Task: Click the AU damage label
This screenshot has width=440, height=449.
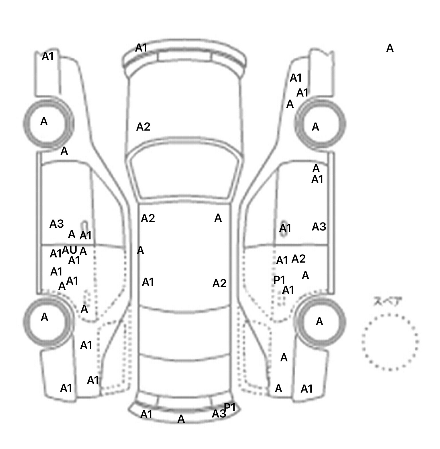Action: pyautogui.click(x=70, y=250)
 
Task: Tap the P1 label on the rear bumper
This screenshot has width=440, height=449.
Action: pyautogui.click(x=230, y=407)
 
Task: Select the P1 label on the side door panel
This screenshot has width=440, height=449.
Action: pyautogui.click(x=279, y=280)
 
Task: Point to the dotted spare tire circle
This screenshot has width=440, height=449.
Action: pyautogui.click(x=390, y=341)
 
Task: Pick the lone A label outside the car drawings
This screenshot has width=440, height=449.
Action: pyautogui.click(x=390, y=48)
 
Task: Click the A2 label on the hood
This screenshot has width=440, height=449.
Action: pyautogui.click(x=143, y=127)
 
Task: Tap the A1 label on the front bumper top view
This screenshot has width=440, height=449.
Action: pyautogui.click(x=141, y=48)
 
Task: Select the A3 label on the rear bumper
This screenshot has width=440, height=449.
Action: pyautogui.click(x=219, y=414)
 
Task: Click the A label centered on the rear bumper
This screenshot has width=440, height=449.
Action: pyautogui.click(x=181, y=419)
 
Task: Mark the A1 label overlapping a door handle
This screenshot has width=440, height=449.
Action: pyautogui.click(x=285, y=228)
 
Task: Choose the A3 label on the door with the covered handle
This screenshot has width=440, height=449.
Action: pyautogui.click(x=319, y=227)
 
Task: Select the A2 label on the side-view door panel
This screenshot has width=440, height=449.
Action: pyautogui.click(x=298, y=259)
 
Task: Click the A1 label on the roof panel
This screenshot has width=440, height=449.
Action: pyautogui.click(x=148, y=282)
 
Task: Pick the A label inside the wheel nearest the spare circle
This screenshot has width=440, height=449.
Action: pyautogui.click(x=319, y=322)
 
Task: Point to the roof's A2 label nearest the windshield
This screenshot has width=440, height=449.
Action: pyautogui.click(x=148, y=218)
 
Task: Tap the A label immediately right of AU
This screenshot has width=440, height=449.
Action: pyautogui.click(x=83, y=251)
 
